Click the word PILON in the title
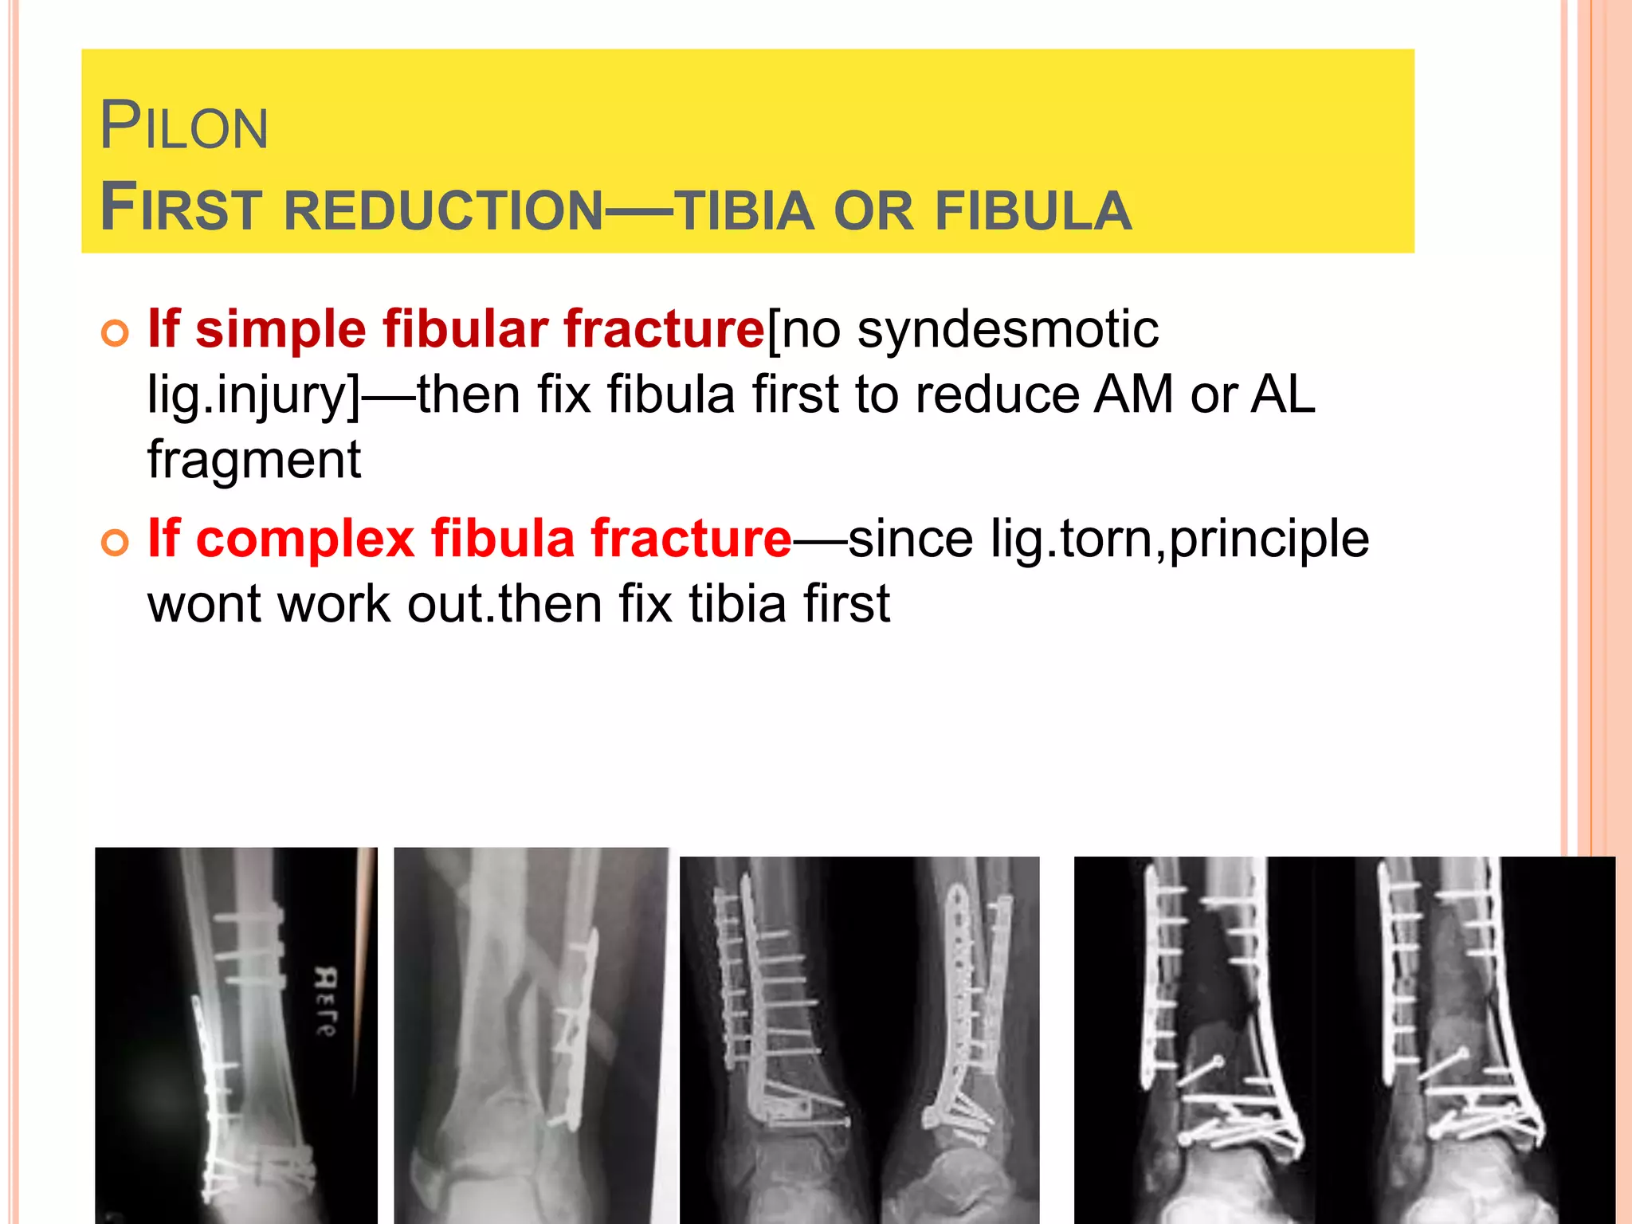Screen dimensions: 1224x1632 [184, 127]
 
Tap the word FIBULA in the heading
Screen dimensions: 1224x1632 [1033, 211]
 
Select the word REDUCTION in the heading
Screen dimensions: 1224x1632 [444, 211]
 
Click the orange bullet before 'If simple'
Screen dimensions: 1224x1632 [115, 332]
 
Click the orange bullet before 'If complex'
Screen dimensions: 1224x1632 [115, 543]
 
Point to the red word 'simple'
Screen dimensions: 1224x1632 [280, 329]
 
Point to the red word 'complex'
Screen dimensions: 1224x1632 [305, 539]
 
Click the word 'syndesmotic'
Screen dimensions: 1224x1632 [1008, 329]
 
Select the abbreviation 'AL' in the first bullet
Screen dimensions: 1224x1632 [1282, 394]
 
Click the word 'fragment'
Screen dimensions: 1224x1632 [254, 461]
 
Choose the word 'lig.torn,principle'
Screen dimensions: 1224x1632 [1179, 540]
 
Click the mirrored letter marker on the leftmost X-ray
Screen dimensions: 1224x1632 [325, 1000]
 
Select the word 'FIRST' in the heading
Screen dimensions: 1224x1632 [182, 208]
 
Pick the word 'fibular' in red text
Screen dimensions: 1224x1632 [465, 329]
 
